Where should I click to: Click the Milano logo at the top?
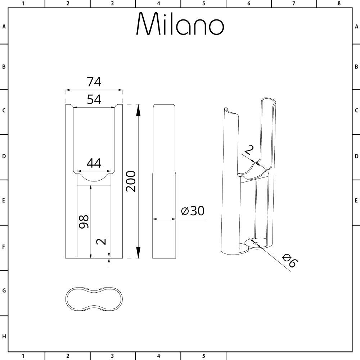pyautogui.click(x=180, y=24)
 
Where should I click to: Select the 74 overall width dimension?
pyautogui.click(x=94, y=82)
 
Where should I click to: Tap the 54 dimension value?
pyautogui.click(x=94, y=99)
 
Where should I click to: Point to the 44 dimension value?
pyautogui.click(x=94, y=163)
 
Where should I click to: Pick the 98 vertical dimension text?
pyautogui.click(x=83, y=221)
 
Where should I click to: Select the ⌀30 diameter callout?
pyautogui.click(x=193, y=211)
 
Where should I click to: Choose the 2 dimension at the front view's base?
pyautogui.click(x=102, y=241)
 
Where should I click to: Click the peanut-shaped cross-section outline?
pyautogui.click(x=94, y=299)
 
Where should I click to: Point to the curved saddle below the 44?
pyautogui.click(x=94, y=178)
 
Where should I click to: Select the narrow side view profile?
pyautogui.click(x=164, y=181)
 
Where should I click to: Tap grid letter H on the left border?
pyautogui.click(x=4, y=337)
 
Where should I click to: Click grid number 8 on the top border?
pyautogui.click(x=339, y=4)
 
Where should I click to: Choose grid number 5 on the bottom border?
pyautogui.click(x=203, y=356)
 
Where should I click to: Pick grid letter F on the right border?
pyautogui.click(x=356, y=247)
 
